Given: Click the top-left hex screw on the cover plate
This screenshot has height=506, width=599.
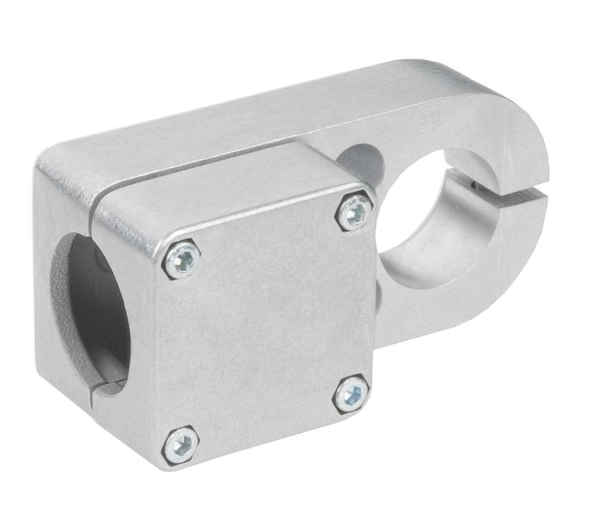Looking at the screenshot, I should [181, 260].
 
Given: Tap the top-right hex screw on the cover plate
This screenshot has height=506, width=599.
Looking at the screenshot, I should [354, 212].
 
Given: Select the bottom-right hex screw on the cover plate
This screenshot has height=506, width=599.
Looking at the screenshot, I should [352, 394].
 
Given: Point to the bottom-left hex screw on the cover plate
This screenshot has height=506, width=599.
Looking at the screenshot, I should [181, 444].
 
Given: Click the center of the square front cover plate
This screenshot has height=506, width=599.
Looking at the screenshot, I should [267, 331].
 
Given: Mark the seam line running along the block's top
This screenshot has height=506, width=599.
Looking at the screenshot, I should [203, 172].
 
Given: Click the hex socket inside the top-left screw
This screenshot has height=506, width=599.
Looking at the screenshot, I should [181, 260].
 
